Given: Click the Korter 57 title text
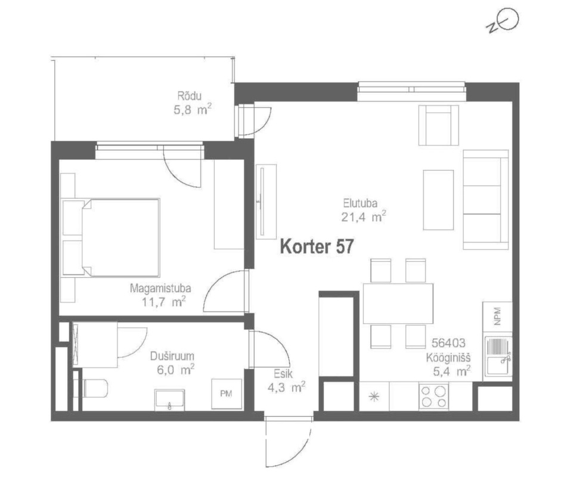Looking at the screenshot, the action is coord(317,246).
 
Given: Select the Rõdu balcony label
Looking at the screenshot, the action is coord(189,96).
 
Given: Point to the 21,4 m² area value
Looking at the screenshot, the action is coord(364,216).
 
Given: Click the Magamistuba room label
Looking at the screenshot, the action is coord(160,288).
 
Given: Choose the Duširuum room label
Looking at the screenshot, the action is coord(172,356).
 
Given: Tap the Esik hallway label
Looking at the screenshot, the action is coord(283,374).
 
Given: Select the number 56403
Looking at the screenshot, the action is coord(448,343).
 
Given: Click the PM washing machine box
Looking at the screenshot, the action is coord(227,394).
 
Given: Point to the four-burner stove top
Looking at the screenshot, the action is coord(433,397).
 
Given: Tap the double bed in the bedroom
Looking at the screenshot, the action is coord(111,237).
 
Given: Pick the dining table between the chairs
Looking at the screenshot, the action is coord(398,303).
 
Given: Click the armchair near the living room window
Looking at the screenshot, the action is coord(439,125).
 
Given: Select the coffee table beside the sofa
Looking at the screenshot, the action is coord(438,200).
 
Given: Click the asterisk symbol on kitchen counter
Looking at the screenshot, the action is coord(373,397).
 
